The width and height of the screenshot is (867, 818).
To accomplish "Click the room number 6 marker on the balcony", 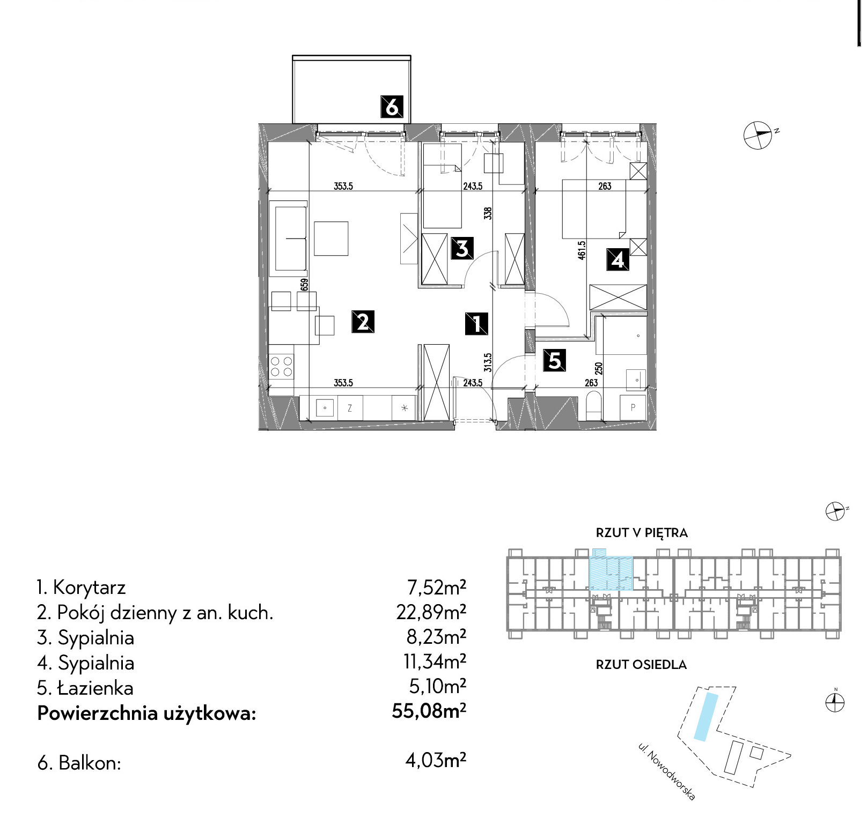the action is (392, 107).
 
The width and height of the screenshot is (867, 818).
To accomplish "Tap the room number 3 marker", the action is (462, 249).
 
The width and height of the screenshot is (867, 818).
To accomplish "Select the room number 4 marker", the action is (618, 259).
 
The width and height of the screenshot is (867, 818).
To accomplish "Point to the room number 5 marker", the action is (554, 360).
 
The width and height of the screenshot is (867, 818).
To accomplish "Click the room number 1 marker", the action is (476, 324).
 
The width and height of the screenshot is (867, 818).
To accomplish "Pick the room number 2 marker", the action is (363, 322).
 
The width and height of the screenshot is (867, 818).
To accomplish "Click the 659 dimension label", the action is (304, 285).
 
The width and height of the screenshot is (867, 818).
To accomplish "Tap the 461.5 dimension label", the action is (582, 251).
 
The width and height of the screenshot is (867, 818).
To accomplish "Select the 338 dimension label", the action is (488, 214).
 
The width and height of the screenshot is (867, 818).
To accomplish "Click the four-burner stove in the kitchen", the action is (282, 366).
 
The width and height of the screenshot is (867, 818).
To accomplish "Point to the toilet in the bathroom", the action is (593, 406).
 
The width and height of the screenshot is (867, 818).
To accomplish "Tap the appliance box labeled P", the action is (633, 407).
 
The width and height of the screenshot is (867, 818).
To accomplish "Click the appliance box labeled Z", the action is (349, 408).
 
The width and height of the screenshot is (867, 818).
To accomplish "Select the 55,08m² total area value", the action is (429, 711).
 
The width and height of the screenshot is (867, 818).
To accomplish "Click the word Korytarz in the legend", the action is (89, 588).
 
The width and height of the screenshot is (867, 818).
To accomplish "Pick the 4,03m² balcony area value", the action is (436, 760).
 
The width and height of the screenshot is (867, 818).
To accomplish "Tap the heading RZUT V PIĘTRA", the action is (642, 533).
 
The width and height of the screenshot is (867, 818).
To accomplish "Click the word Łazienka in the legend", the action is (95, 688).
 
